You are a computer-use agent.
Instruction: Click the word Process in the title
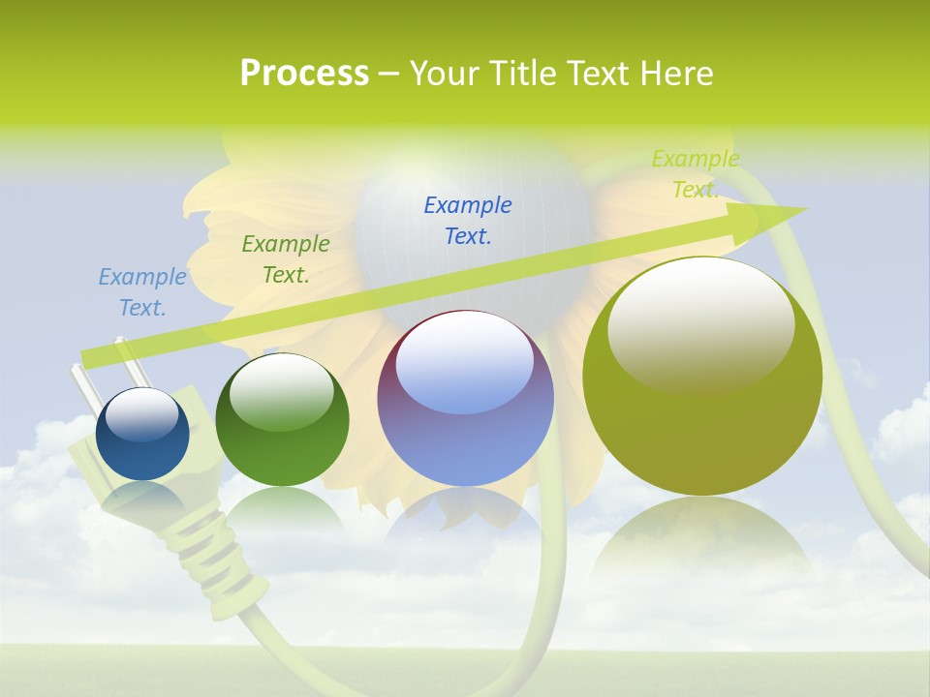coord(304,74)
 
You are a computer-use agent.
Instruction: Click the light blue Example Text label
coord(142,292)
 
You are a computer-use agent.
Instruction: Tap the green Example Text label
coord(286,259)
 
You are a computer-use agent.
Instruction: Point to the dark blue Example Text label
coord(468,221)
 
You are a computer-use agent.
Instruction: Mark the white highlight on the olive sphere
coord(700,324)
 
